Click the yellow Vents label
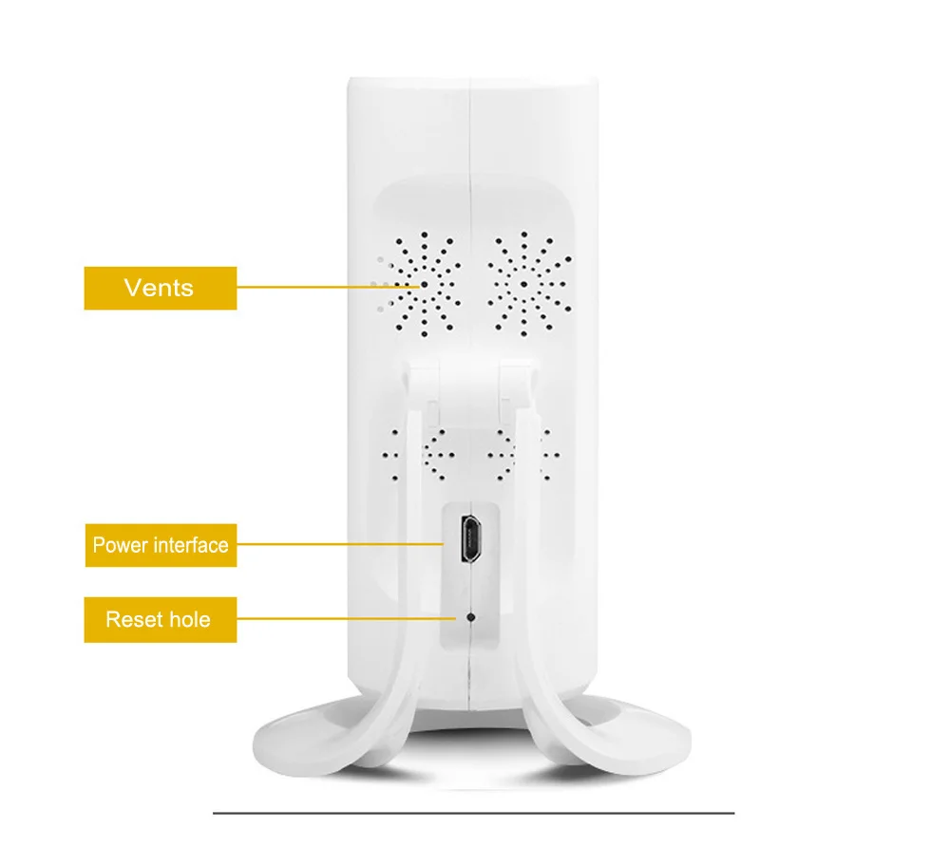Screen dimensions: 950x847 point(161,288)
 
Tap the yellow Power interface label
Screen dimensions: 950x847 point(161,545)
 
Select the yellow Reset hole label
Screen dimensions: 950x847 point(161,620)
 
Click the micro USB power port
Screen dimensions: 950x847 point(471,538)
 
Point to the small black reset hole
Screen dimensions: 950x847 point(471,617)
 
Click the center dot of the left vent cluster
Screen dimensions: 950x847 point(424,285)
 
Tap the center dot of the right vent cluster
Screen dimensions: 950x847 point(524,285)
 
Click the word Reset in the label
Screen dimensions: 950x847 point(135,620)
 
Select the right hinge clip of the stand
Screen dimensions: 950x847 point(517,385)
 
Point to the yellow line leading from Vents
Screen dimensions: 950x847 point(328,287)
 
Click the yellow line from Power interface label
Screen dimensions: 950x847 point(340,544)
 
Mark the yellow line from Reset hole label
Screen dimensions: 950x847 point(346,619)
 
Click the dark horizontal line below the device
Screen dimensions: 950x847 point(474,813)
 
